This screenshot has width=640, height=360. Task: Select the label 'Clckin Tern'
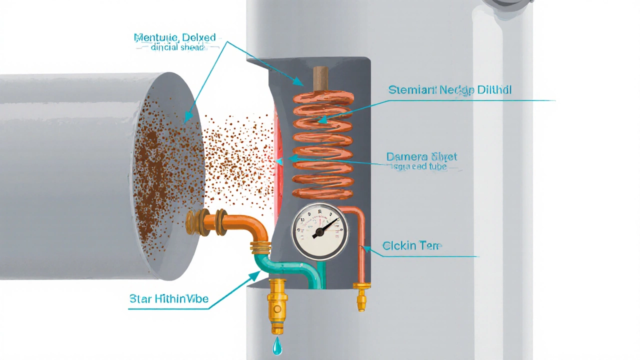point(411,245)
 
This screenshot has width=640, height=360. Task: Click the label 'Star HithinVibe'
point(169,299)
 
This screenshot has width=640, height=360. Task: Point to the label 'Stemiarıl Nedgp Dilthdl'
point(449,90)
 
